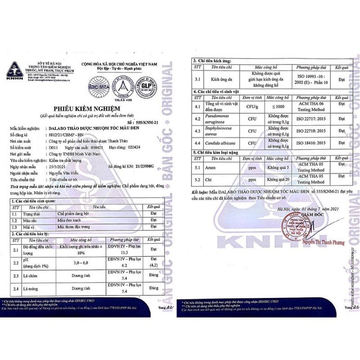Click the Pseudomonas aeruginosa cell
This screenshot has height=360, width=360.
220,121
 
